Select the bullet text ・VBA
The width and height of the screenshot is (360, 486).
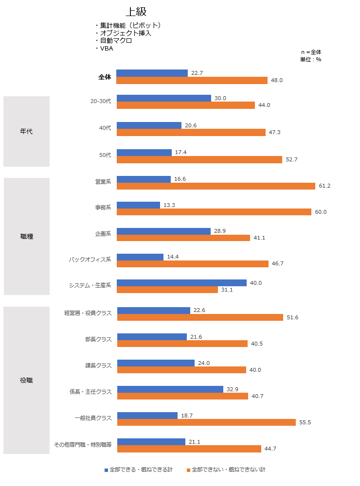click(104, 48)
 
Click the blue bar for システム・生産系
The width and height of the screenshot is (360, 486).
click(181, 283)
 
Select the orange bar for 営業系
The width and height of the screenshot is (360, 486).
click(216, 186)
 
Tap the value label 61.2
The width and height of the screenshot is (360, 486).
click(324, 186)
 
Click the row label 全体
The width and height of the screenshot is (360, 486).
click(105, 77)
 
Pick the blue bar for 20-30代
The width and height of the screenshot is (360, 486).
click(164, 98)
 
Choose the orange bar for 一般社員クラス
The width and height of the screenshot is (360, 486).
click(206, 422)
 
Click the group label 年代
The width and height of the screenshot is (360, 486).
click(26, 131)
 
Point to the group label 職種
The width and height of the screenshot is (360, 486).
click(27, 236)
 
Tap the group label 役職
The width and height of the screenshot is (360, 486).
click(26, 380)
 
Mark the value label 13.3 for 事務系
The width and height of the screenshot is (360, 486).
click(169, 205)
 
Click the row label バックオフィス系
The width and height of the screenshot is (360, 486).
click(90, 259)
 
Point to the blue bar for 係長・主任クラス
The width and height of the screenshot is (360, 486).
click(170, 389)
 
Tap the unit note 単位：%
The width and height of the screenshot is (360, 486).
click(310, 59)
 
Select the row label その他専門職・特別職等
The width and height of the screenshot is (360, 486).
click(83, 444)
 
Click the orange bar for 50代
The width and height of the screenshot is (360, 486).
click(199, 159)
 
